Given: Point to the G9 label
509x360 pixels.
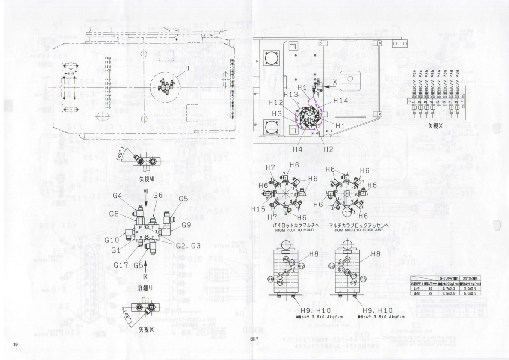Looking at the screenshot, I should click(x=186, y=225).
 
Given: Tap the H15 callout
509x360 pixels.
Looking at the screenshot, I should click(x=258, y=208).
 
